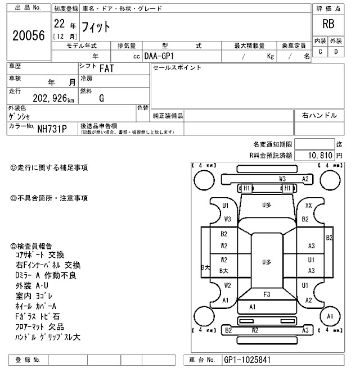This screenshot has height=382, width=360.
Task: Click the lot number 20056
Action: click(x=28, y=35)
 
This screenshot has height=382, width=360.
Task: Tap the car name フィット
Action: click(x=97, y=26)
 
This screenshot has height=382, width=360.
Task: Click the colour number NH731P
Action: click(x=52, y=129)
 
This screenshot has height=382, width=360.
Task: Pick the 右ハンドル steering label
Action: click(x=319, y=115)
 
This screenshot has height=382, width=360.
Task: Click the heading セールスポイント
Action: click(x=177, y=68)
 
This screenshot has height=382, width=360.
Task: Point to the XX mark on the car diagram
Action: click(x=308, y=206)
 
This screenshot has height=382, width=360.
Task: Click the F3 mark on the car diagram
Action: click(x=267, y=294)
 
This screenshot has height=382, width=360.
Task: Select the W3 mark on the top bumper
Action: click(x=282, y=179)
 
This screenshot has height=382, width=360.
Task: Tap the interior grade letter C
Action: click(x=320, y=52)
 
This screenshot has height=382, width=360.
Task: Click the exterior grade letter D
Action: click(x=336, y=52)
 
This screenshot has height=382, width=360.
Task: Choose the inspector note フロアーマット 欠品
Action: click(x=39, y=327)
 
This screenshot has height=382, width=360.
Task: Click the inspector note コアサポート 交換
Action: click(x=40, y=255)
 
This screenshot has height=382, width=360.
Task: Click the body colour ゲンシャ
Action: click(x=20, y=116)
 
